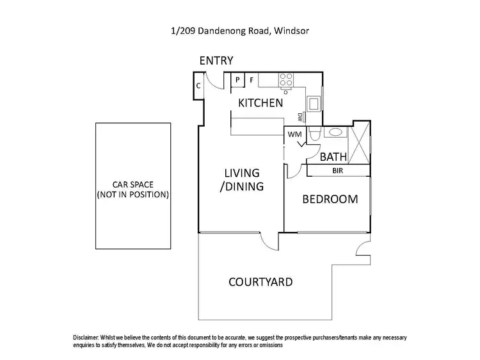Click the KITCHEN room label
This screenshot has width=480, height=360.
pos(260,102)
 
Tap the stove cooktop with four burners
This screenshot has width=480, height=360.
pos(285,80)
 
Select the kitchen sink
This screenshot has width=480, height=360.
pos(315,104)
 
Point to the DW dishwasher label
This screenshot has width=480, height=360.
pos(300,117)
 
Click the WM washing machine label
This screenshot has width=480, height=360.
pos(294,135)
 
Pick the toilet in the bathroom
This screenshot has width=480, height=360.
pos(313,135)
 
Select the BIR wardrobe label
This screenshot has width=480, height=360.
pos(337,172)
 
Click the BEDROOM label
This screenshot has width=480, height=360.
pos(330,199)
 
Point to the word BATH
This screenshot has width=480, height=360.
pos(333,157)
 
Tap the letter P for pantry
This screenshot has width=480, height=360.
pos(237,80)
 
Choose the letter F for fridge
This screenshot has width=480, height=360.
pos(252,80)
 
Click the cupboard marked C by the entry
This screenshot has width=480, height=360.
pos(198,85)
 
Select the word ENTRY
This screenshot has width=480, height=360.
pos(216,61)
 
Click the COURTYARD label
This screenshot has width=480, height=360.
pos(260,282)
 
